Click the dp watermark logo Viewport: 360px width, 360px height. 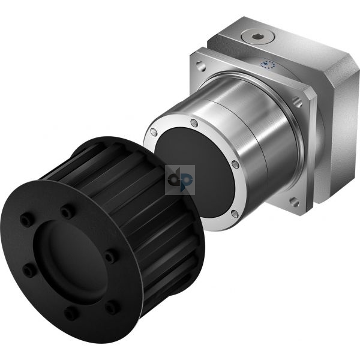click(180, 180)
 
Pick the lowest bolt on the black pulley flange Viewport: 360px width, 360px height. click(71, 313)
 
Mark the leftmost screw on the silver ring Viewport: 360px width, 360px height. click(154, 131)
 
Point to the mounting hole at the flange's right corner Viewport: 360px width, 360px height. click(298, 102)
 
